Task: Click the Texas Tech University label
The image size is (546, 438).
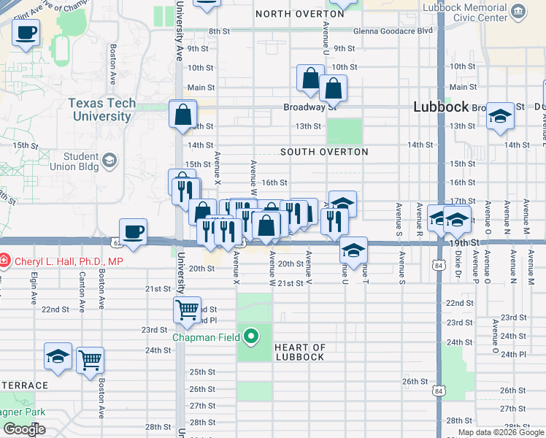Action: coord(102,109)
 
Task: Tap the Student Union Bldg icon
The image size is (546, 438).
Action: coord(109,160)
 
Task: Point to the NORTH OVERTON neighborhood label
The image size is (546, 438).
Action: coord(299,14)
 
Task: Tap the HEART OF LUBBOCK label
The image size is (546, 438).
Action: coord(309,352)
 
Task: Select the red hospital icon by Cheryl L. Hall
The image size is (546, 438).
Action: coord(4,261)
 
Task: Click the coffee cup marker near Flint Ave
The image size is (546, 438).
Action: coord(26,33)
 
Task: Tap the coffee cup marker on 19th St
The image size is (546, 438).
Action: coord(132,231)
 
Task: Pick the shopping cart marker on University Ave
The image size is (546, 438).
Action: coord(188,310)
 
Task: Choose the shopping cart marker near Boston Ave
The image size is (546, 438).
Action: coord(91,359)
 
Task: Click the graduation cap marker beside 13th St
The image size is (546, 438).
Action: coord(500,117)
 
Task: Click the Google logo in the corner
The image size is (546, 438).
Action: coord(24,429)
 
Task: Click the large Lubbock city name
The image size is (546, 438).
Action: coord(440,107)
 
